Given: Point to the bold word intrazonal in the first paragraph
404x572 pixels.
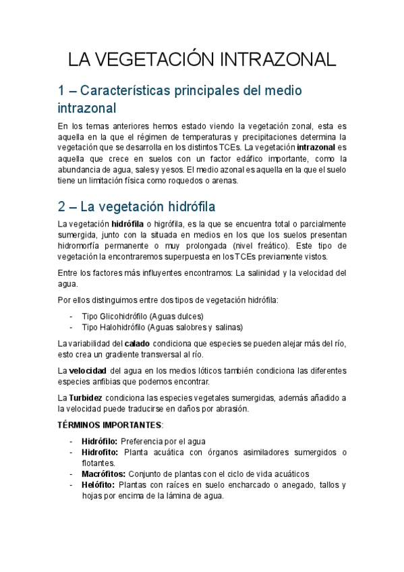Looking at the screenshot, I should [316, 146].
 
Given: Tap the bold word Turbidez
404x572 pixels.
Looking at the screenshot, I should [85, 398].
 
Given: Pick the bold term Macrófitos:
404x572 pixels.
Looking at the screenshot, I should [103, 474].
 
